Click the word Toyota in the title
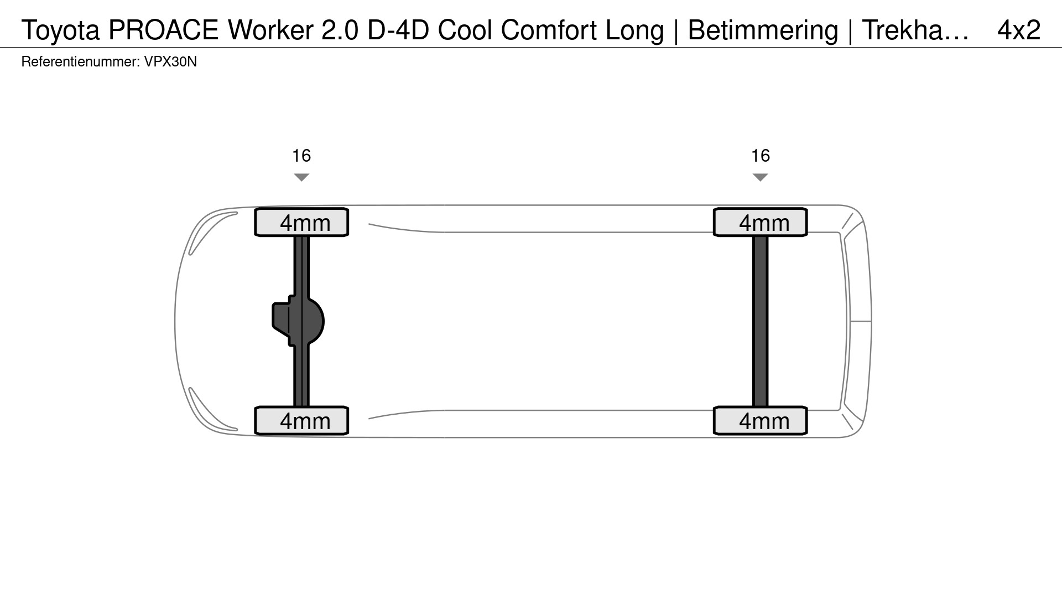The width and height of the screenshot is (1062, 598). pos(60,30)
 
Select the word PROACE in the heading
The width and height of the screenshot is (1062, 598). pos(163,30)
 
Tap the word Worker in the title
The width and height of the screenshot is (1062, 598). pos(270,30)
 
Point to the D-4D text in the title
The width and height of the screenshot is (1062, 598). pos(398,30)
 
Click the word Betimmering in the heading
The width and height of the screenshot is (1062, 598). pos(763,30)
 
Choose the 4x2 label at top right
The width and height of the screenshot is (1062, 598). pos(1019,30)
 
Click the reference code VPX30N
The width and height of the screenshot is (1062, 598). pos(170,61)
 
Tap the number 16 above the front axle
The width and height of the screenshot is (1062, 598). pos(301,156)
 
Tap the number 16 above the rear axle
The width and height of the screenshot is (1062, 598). pos(761,156)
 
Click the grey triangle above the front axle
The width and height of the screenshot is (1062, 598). pos(301,177)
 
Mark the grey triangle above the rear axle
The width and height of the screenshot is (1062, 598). pos(761,177)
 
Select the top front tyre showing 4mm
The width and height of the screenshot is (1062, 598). pos(301,223)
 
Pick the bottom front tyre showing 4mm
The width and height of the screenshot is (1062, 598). pos(301,421)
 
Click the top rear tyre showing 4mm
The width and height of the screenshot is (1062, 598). pos(761,223)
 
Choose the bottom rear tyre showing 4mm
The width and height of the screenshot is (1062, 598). pos(761,421)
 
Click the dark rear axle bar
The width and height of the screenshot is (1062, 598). pos(761,321)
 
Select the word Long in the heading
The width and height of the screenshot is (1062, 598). pos(635,30)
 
